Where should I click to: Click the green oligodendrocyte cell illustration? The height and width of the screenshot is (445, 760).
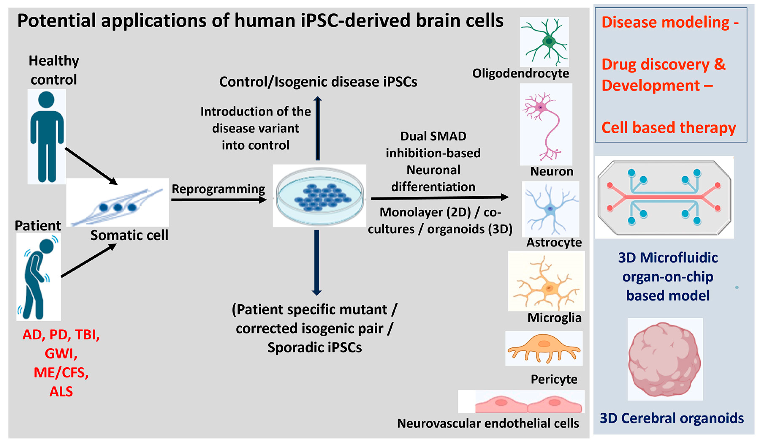pos(546,42)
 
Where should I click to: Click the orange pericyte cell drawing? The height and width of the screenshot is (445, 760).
pos(544,348)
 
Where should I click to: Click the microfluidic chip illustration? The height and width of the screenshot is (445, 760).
pos(664,197)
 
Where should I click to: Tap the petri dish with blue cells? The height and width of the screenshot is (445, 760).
pos(319,196)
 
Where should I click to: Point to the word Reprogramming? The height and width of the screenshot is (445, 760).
pos(218,189)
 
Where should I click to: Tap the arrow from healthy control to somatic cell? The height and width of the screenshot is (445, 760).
pos(91,166)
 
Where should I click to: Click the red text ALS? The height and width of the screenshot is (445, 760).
pos(61,391)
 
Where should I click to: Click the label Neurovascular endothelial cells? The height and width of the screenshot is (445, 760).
pos(488,423)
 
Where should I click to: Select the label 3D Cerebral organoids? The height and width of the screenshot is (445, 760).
pos(672,418)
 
